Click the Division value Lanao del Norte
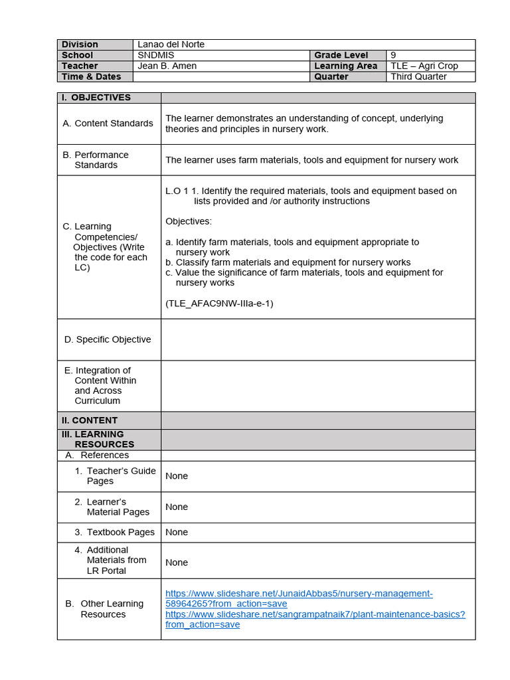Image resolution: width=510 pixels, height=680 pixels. pos(171,44)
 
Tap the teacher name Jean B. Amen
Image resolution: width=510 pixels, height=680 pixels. pos(167,66)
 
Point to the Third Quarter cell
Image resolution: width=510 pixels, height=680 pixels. pos(418,76)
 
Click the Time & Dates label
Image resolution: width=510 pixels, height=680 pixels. pos(92,76)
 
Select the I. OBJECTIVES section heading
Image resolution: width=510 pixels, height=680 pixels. pos(96,98)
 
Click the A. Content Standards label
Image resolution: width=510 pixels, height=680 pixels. pos(108,124)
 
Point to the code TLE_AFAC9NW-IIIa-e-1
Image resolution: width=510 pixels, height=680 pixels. pos(219,303)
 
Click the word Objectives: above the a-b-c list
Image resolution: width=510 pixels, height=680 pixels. pos(189,221)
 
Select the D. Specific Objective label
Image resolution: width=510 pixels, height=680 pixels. pos(108,339)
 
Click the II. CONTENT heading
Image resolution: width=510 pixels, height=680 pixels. pos(90,420)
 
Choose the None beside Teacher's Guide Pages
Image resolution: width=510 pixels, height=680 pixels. pos(177,476)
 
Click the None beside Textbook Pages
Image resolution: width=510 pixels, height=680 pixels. pos(177,532)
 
